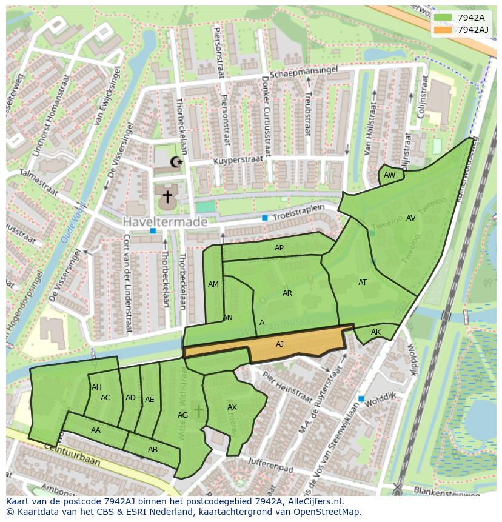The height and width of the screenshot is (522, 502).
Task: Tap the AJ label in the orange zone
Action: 279,344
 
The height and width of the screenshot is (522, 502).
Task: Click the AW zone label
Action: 390,175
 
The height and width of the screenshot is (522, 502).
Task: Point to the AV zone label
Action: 411,218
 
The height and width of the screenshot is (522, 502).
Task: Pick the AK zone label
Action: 376,332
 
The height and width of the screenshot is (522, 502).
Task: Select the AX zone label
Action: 232,407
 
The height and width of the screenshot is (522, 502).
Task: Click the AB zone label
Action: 153,450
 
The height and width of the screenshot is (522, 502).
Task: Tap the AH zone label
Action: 96,387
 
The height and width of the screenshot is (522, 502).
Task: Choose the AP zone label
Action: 279,248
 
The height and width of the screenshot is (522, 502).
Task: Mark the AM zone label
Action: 213,284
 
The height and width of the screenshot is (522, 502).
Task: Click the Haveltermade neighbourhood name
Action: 166,223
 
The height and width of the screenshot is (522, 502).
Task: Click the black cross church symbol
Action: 167,196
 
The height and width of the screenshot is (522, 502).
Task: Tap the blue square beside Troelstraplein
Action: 264,218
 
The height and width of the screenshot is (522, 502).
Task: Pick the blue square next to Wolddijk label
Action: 361,398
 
